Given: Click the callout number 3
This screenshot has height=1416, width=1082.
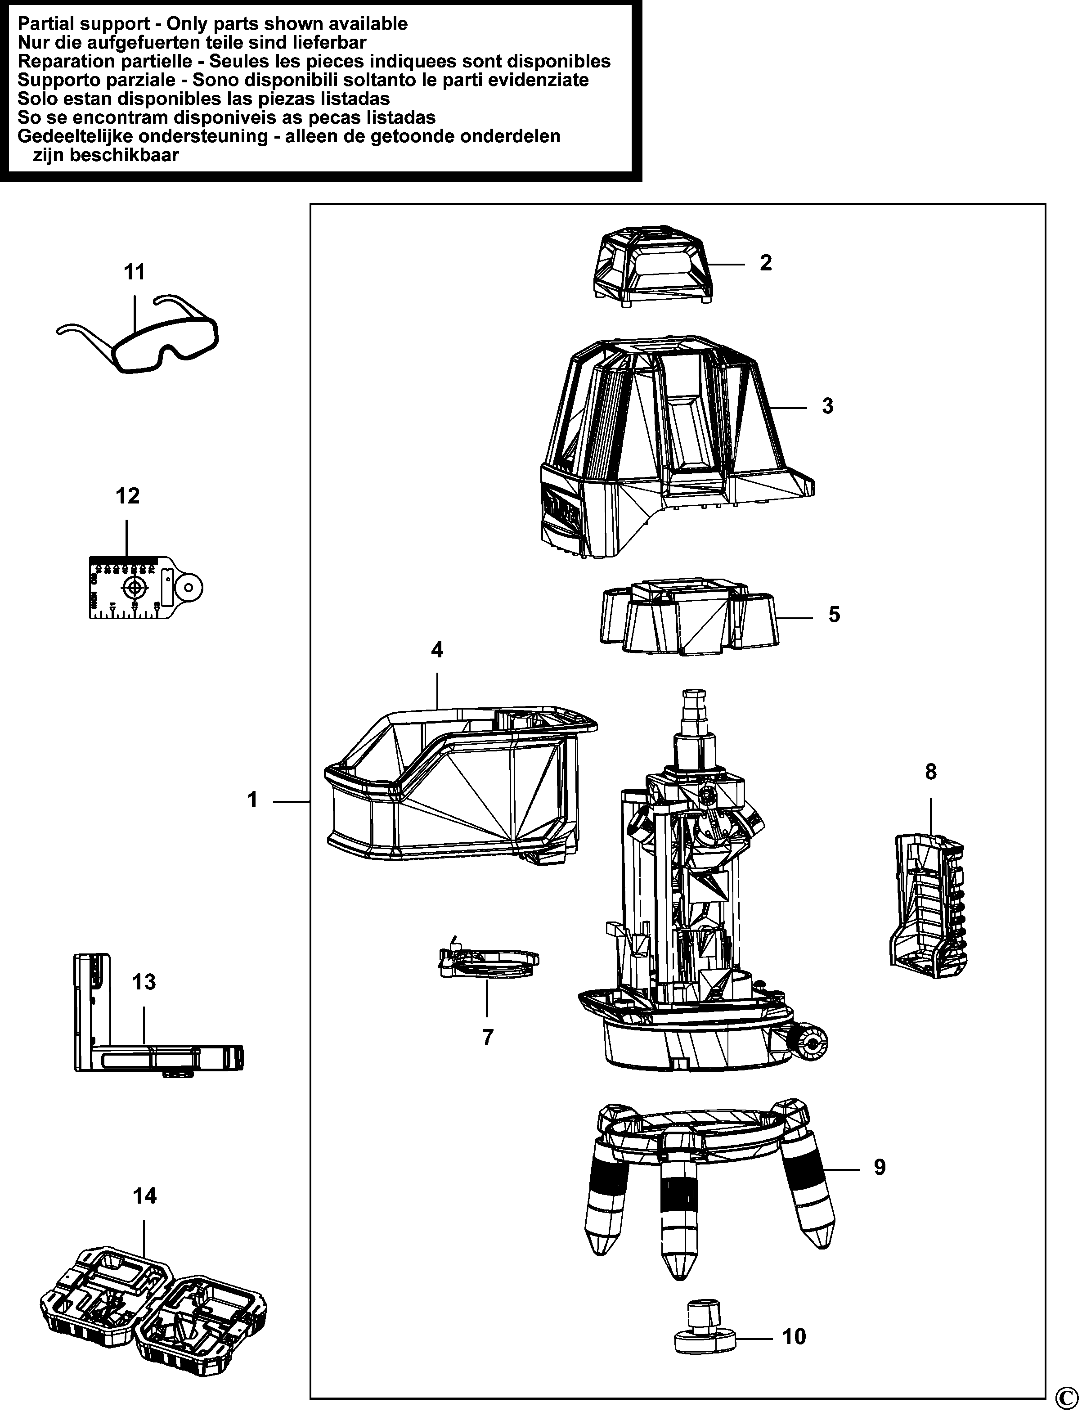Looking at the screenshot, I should (828, 406).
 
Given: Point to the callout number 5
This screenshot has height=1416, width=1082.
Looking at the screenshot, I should (834, 615).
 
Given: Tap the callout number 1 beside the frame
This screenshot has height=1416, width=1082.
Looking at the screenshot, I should (252, 800).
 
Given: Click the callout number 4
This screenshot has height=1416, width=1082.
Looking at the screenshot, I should (437, 650).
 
